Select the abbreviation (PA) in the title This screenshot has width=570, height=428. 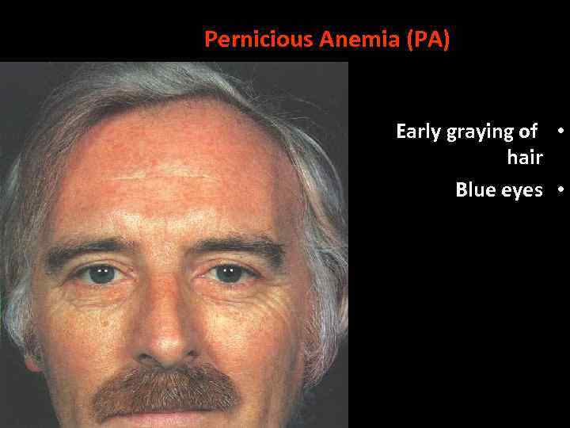tap(427, 40)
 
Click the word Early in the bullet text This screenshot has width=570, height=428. tap(419, 132)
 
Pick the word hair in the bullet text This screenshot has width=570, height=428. tap(524, 157)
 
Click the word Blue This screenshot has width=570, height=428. tap(473, 190)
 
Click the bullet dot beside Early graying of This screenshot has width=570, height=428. tap(560, 130)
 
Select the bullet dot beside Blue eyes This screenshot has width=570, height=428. tap(560, 189)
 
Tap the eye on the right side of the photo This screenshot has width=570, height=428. tap(229, 273)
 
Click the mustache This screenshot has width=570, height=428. tap(166, 388)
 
